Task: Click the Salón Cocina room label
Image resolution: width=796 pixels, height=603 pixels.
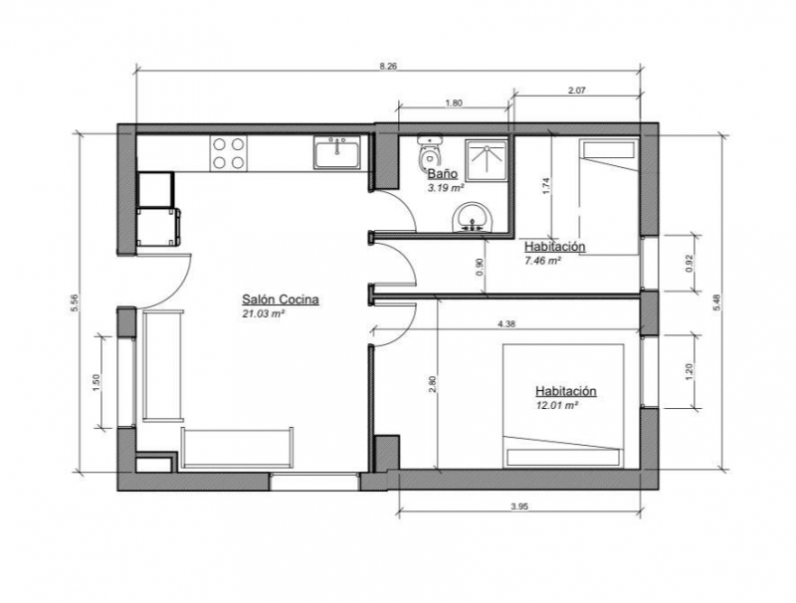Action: (x=281, y=300)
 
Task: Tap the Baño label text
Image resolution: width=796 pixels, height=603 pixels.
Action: (x=442, y=174)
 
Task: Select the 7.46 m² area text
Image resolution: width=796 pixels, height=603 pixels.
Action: (x=542, y=261)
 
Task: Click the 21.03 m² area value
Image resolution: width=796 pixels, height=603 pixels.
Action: (x=263, y=313)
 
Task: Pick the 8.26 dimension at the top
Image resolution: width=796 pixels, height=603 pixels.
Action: (x=388, y=66)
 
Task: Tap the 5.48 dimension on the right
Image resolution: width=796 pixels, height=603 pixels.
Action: (x=716, y=302)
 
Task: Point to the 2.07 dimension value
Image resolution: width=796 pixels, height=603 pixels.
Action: (x=577, y=91)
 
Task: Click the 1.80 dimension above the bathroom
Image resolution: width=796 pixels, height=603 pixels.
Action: (x=454, y=102)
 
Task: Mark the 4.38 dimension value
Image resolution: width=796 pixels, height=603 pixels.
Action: (x=506, y=324)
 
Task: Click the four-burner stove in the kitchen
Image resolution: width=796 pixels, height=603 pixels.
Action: (x=229, y=153)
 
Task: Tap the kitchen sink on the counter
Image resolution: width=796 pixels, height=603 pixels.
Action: (x=336, y=152)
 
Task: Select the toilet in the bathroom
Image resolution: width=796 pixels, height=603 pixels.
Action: (x=430, y=153)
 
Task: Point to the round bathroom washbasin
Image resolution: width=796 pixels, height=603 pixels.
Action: (x=473, y=217)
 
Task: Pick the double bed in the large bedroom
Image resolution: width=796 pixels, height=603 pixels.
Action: (x=563, y=405)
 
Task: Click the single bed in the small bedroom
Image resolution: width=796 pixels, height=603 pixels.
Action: (x=608, y=197)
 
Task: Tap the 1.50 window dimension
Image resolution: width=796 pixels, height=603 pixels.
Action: (x=97, y=382)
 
